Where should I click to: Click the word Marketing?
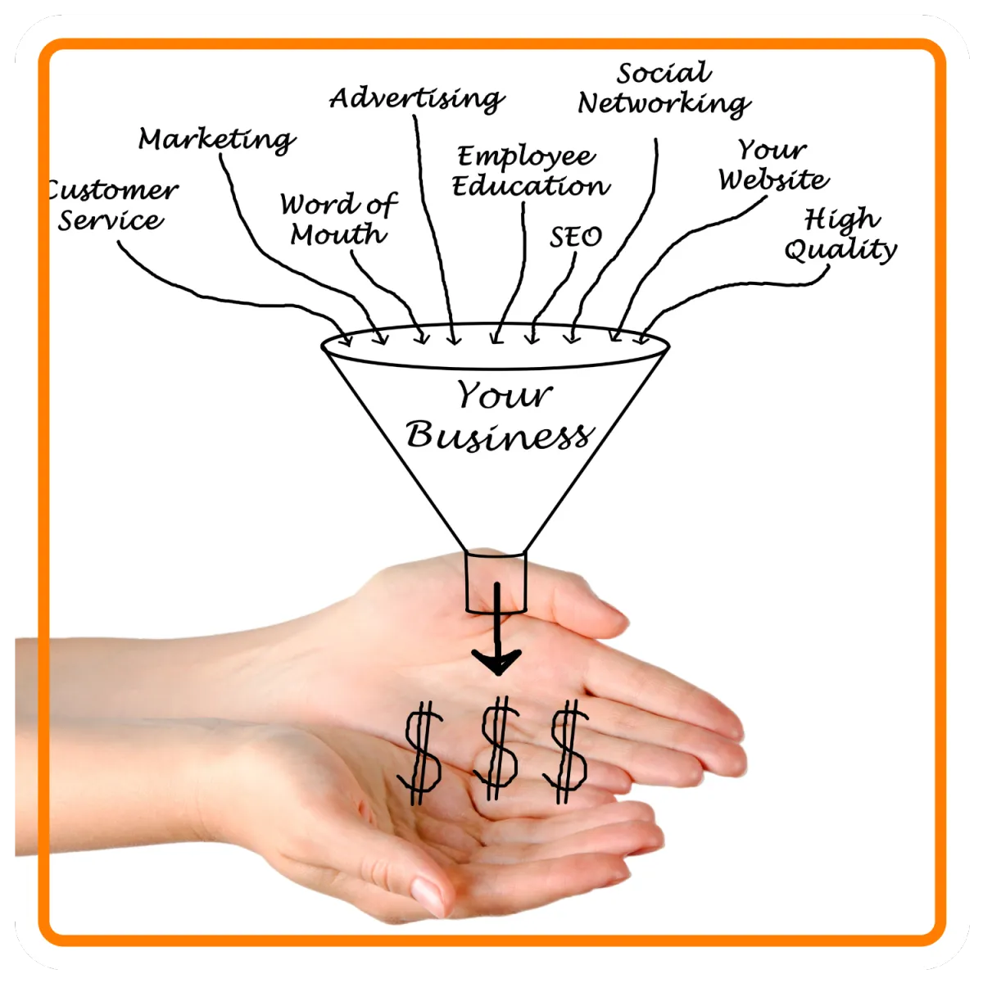(x=216, y=138)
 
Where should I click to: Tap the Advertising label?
(x=416, y=98)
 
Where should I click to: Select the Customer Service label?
(x=111, y=205)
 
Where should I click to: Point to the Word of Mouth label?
(x=338, y=219)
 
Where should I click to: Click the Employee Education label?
(x=530, y=170)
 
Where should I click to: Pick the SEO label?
(x=575, y=237)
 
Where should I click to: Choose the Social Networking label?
(x=664, y=88)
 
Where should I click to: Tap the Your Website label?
(x=773, y=164)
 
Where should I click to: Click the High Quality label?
(x=840, y=234)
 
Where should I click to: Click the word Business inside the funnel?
(x=498, y=434)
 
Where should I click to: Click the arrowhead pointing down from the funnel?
(x=496, y=659)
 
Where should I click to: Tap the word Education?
(x=530, y=186)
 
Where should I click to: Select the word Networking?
(x=664, y=103)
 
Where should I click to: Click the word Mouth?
(x=338, y=235)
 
